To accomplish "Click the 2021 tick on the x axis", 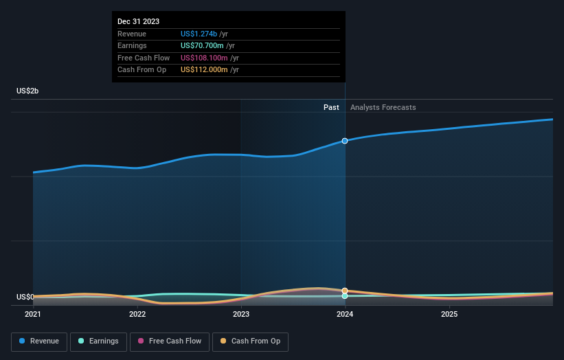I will coord(33,314).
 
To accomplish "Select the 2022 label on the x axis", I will coord(137,314).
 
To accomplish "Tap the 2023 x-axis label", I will coord(241,314).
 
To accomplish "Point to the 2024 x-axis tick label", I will coord(345,314).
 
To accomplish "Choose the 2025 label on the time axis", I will coord(449,314).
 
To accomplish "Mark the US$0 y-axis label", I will coord(25,297).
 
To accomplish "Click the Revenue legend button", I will coord(40,341).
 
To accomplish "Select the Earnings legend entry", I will coord(98,341).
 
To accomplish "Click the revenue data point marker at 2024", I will coord(345,141).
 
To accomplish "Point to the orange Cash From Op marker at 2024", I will coord(345,291).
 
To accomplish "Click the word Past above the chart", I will coord(331,107).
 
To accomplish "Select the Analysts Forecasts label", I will coord(383,107).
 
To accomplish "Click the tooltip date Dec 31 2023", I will coord(138,21).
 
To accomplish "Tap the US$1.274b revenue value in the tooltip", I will coord(199,34).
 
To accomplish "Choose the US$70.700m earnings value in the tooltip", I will coord(202,45).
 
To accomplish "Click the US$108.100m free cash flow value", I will coord(204,58).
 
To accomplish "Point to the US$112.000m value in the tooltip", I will coord(204,69).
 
